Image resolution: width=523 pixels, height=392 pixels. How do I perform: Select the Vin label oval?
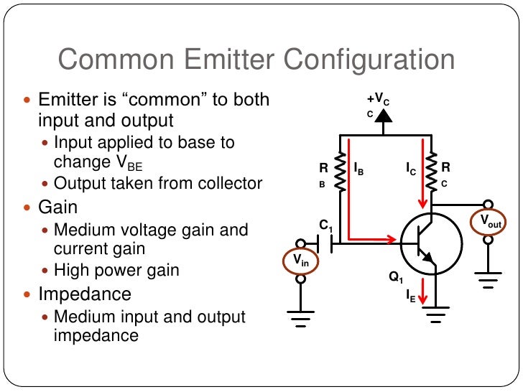[301, 262]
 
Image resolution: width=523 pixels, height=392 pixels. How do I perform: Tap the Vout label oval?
[491, 221]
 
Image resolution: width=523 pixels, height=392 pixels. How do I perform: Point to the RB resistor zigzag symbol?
[341, 173]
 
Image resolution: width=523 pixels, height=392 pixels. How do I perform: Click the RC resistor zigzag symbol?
[432, 173]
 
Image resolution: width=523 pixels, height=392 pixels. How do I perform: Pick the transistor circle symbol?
[430, 245]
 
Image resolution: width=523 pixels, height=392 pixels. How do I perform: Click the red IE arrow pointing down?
[424, 289]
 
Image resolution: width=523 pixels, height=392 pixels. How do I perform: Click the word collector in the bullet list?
[229, 183]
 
